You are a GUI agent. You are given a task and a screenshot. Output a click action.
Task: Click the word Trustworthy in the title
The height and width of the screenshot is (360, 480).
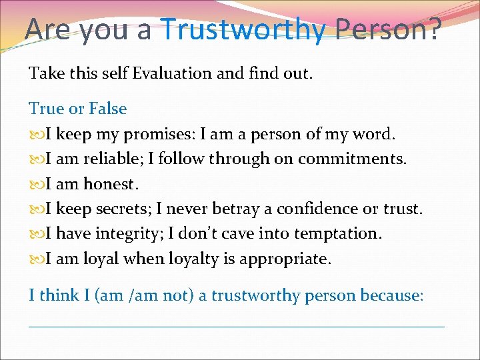click(243, 29)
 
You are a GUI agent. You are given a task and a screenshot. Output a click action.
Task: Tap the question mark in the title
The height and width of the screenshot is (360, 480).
click(433, 29)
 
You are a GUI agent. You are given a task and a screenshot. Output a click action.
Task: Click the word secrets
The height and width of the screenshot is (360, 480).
click(123, 209)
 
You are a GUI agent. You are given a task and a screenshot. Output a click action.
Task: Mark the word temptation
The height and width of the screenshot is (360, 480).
click(345, 233)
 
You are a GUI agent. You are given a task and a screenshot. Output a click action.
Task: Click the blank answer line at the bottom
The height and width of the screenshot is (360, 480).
click(237, 326)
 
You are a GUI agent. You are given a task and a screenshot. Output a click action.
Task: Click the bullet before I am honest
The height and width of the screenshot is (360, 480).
click(35, 184)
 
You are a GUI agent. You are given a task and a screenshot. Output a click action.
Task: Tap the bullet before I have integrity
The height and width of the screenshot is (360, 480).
click(35, 234)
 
